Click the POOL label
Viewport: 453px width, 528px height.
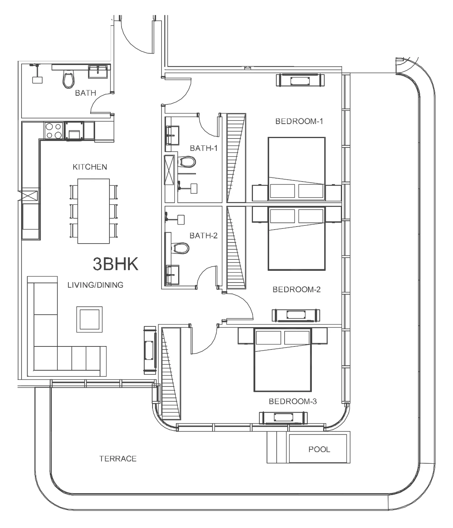(x=319, y=449)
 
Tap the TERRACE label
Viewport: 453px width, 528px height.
(x=118, y=459)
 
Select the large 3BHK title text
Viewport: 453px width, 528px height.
(x=116, y=264)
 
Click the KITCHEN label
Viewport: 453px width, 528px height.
(x=90, y=167)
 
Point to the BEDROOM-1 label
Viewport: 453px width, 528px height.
(x=299, y=121)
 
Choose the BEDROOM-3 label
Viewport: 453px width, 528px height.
(x=293, y=401)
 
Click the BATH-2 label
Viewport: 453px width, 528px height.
(x=203, y=236)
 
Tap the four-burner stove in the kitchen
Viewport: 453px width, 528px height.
(x=54, y=130)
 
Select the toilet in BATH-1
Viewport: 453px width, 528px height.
(x=187, y=162)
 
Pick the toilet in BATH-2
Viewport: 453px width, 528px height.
(x=180, y=248)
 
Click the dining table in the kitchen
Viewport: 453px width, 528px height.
(x=94, y=211)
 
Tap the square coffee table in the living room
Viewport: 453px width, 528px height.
(x=89, y=319)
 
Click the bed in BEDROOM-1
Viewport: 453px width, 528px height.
(x=296, y=169)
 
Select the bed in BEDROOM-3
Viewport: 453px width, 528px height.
(x=282, y=360)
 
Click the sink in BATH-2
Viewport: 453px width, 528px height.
(x=172, y=275)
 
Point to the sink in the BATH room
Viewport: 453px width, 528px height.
(x=98, y=71)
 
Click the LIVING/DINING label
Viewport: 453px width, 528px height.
(x=96, y=285)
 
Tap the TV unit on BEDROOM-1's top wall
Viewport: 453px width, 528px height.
(x=300, y=80)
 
